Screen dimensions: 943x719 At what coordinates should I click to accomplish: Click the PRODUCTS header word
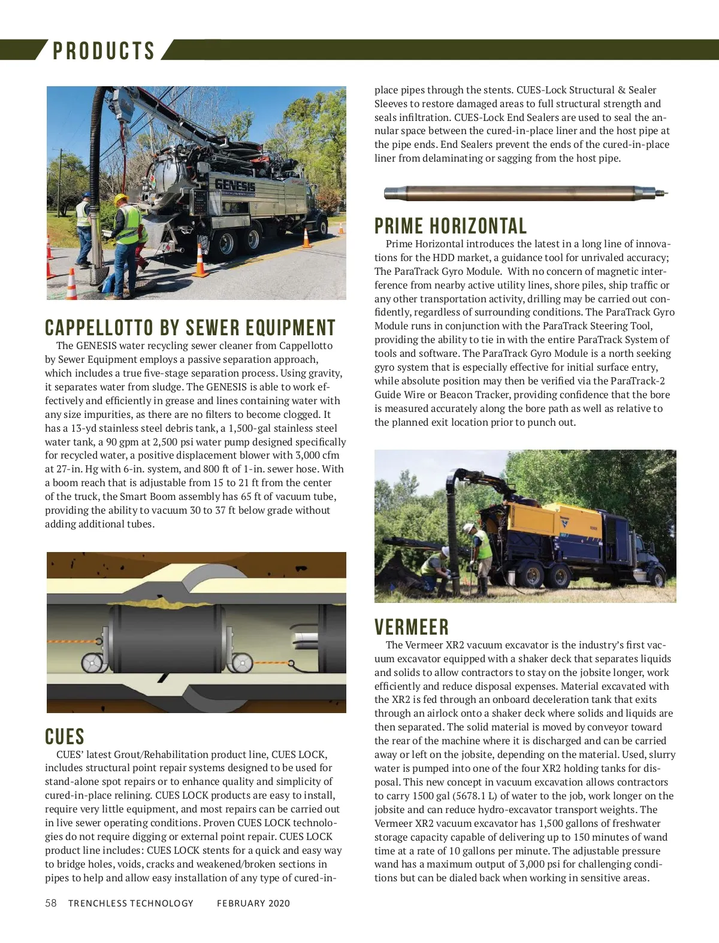point(104,51)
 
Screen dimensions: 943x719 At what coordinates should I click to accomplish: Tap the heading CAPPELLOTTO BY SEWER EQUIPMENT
point(190,328)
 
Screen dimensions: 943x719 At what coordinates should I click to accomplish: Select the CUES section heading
point(65,736)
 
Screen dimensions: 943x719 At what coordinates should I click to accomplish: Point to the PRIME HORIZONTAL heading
point(451,226)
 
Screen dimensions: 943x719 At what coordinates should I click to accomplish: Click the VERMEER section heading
point(412,627)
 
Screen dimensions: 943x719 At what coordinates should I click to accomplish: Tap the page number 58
point(51,903)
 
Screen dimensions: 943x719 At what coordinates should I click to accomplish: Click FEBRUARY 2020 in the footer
point(253,903)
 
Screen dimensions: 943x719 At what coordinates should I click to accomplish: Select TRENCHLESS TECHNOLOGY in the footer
point(131,903)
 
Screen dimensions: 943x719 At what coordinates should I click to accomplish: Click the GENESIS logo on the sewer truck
point(235,185)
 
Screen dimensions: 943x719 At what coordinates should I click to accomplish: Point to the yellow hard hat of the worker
point(121,199)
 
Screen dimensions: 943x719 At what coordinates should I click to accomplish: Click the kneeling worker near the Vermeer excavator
point(436,569)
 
